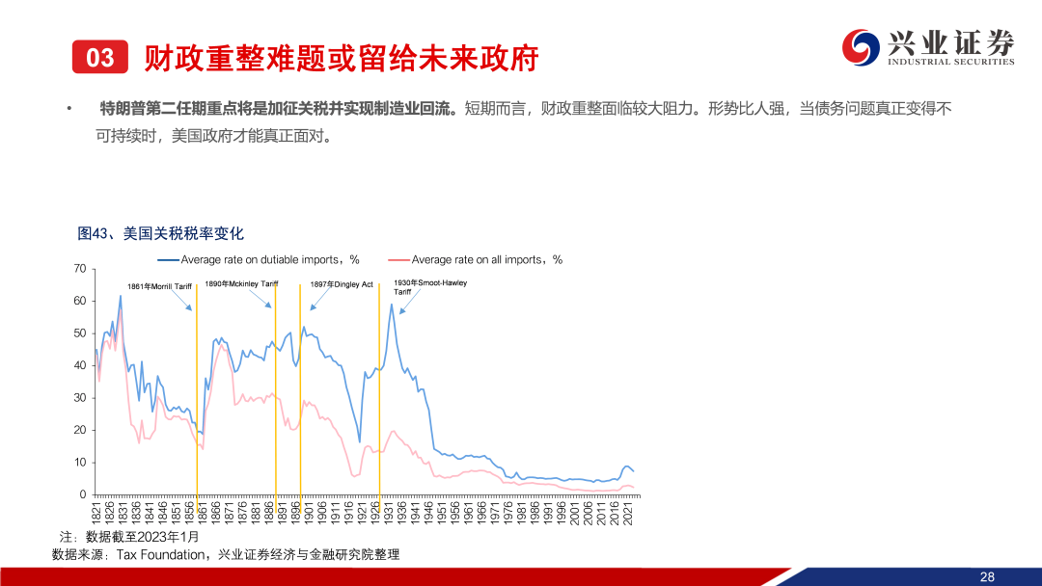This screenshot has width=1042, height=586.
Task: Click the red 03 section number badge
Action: click(x=99, y=57)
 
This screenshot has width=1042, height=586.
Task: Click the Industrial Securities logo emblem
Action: click(x=861, y=47)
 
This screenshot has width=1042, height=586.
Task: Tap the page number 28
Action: click(x=987, y=576)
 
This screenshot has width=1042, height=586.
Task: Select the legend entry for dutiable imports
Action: click(x=259, y=259)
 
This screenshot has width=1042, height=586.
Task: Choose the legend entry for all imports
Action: click(x=475, y=259)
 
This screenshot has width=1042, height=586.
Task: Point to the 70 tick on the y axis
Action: click(x=80, y=269)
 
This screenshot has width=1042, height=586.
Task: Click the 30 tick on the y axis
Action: click(x=80, y=397)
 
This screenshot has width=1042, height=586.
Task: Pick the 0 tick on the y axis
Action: click(x=83, y=494)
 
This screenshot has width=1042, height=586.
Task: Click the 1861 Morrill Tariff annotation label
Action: click(x=159, y=286)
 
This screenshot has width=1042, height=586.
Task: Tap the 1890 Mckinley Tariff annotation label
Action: click(x=241, y=284)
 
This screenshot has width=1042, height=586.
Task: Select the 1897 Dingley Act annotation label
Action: click(x=342, y=284)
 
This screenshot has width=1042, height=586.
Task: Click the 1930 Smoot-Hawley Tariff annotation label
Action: click(x=430, y=286)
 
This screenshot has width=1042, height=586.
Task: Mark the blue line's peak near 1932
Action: click(x=392, y=304)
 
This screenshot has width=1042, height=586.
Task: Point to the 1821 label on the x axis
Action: click(x=96, y=513)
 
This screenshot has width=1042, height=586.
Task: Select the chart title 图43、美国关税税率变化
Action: click(x=160, y=233)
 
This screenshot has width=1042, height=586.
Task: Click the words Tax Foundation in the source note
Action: click(x=160, y=555)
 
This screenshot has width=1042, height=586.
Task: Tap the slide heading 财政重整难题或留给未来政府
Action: click(x=341, y=58)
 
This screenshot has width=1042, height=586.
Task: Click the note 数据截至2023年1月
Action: click(x=142, y=537)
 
